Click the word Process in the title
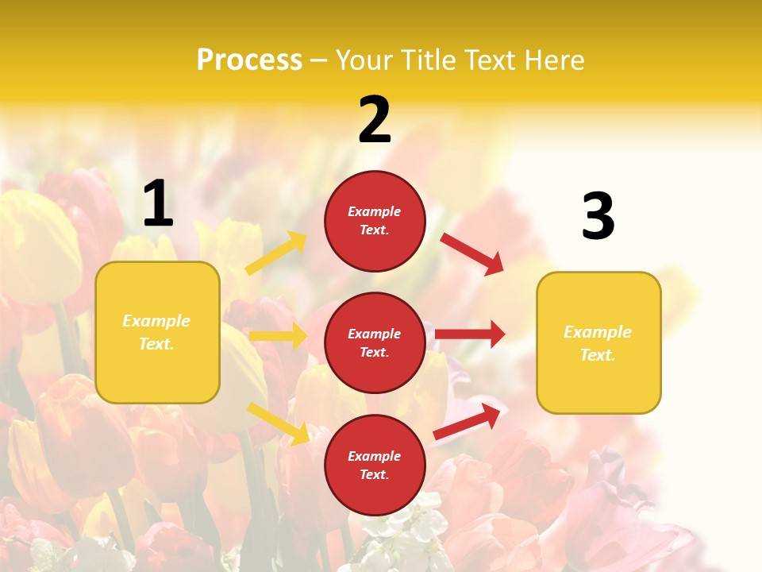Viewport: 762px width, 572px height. coord(249,60)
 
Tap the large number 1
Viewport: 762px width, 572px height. coord(158,203)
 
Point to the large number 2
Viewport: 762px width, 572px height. coord(375,120)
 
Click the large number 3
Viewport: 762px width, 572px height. coord(598,216)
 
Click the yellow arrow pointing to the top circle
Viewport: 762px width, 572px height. coord(276,253)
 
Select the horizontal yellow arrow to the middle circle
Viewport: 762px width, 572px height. coord(278,336)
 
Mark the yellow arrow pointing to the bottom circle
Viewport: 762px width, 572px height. coord(278,423)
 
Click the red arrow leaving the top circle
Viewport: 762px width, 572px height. coord(471,253)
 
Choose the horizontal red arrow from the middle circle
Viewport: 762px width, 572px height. coord(470,334)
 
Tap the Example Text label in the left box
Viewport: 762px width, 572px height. coord(156,332)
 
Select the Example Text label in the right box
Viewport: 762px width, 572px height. coord(598,343)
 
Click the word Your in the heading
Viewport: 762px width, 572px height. coord(365,60)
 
